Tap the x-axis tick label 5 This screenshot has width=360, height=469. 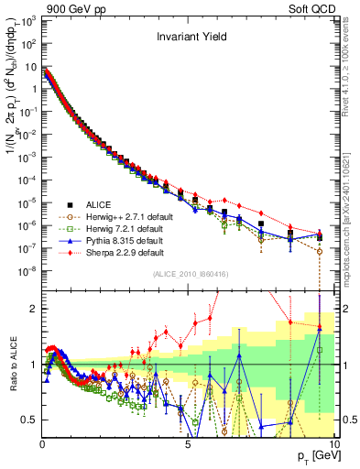pos(188,443)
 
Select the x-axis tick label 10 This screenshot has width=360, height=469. pos(333,443)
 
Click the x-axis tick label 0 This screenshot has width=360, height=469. pos(43,443)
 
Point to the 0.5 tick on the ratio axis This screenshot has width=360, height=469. pos(31,420)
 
